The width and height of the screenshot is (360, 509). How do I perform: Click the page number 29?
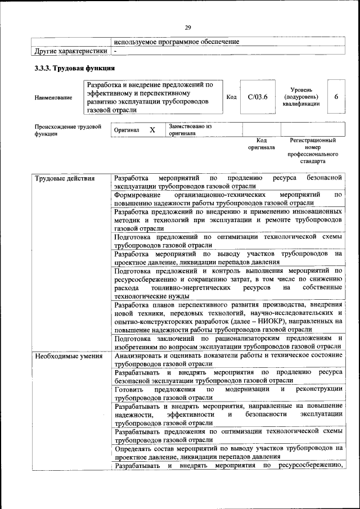tap(188, 27)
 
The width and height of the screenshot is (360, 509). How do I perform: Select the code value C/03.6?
tap(258, 97)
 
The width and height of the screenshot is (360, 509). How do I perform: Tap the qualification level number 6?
tap(336, 97)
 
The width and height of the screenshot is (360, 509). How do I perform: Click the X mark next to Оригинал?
tap(152, 130)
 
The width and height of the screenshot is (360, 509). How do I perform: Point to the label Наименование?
tap(53, 98)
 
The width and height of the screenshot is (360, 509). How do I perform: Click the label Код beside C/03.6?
tap(231, 97)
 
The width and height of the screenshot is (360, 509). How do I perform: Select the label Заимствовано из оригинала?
tap(190, 130)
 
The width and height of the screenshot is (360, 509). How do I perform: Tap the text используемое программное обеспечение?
tap(176, 42)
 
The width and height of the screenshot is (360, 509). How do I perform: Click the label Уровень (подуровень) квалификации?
tap(305, 97)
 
